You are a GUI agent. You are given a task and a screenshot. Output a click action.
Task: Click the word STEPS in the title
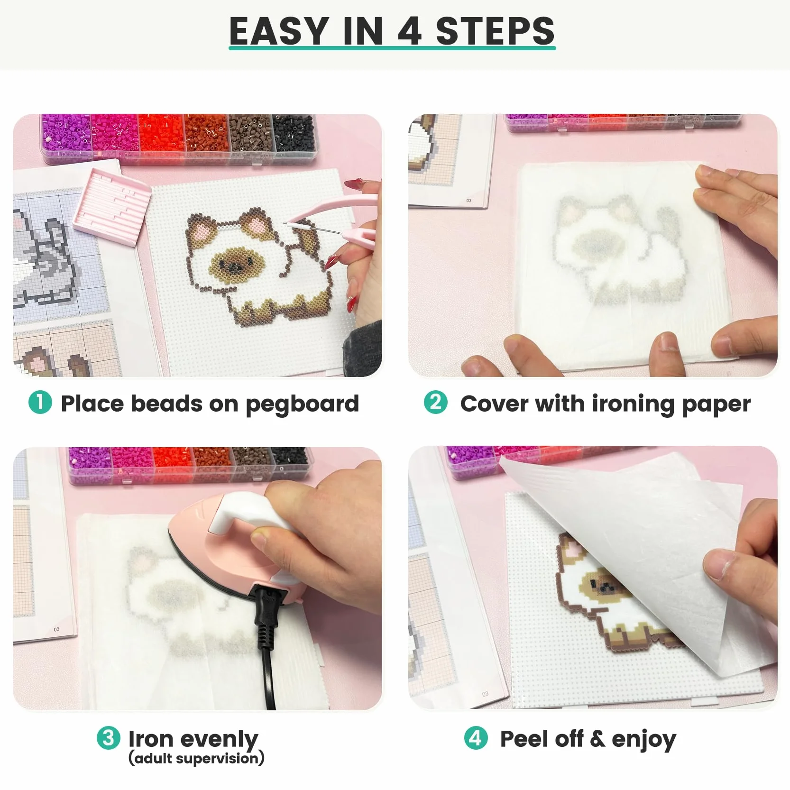click(495, 31)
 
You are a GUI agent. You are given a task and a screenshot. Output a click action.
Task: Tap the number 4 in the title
click(409, 31)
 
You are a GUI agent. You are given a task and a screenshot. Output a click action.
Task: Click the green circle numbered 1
click(40, 403)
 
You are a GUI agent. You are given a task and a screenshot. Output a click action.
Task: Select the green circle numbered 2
click(435, 403)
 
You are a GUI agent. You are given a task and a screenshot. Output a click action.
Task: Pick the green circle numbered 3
click(109, 738)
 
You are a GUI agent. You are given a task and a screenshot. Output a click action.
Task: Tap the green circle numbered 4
click(476, 738)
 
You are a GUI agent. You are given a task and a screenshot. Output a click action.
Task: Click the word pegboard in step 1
click(302, 404)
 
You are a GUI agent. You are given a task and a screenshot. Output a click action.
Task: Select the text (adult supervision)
click(196, 758)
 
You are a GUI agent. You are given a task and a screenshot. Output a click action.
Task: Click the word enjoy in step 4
click(643, 740)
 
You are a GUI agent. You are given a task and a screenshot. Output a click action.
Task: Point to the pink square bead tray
click(112, 207)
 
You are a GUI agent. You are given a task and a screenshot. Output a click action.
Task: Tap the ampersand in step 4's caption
click(597, 739)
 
